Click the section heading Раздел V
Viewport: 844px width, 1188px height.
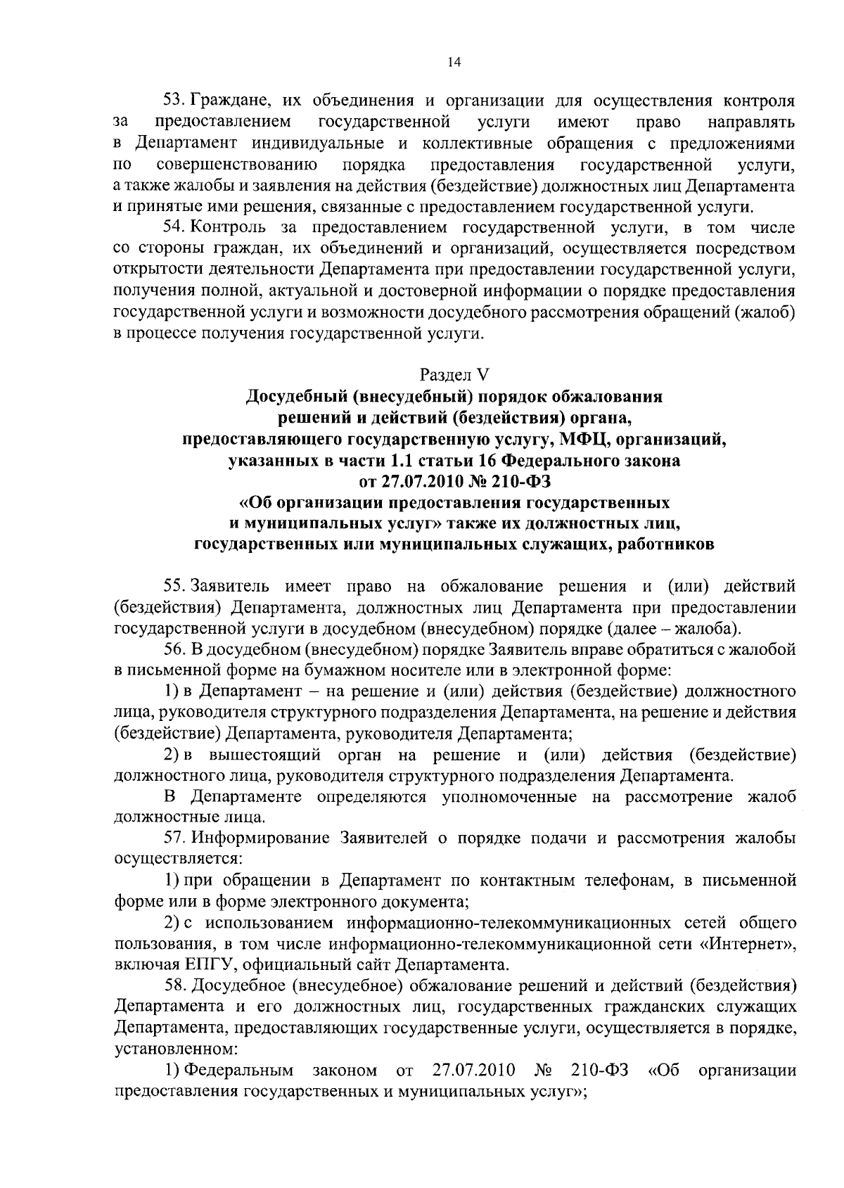[454, 375]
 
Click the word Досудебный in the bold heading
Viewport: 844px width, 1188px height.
[296, 397]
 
